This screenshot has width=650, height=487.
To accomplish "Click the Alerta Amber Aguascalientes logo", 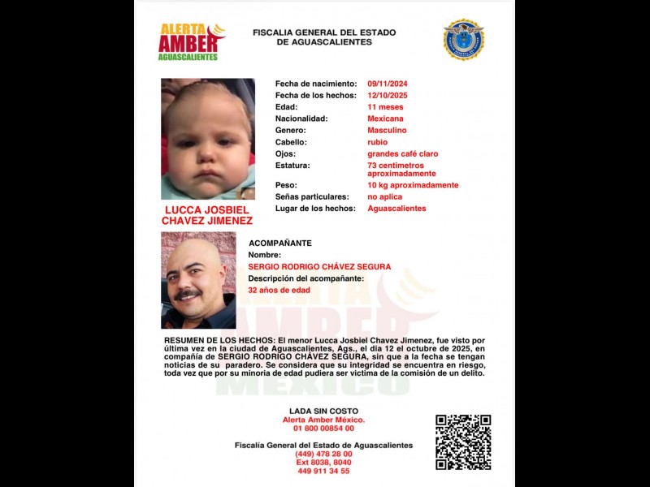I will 191,41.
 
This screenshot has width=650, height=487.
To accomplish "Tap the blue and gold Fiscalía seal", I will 463,40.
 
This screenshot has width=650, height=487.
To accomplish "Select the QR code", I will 463,442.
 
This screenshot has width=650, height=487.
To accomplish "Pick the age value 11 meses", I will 385,107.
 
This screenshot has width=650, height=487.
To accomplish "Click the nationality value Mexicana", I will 386,119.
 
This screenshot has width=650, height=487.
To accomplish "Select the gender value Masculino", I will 387,130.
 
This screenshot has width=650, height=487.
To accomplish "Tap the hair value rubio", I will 377,142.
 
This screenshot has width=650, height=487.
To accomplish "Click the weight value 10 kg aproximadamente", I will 413,185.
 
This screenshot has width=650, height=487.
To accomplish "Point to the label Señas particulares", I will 312,196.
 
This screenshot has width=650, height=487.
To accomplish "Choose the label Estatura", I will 292,165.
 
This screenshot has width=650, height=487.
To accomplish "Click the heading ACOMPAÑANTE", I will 279,243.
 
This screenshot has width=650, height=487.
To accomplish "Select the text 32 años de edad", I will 279,290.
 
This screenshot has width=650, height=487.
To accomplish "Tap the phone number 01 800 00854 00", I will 323,429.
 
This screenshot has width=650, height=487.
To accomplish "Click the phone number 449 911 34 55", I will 323,471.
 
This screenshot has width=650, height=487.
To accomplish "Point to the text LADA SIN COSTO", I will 323,411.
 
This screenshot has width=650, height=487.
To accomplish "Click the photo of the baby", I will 208,139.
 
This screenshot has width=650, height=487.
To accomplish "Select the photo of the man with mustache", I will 198,280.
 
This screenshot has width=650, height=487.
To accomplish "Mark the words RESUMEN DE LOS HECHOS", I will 217,342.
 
